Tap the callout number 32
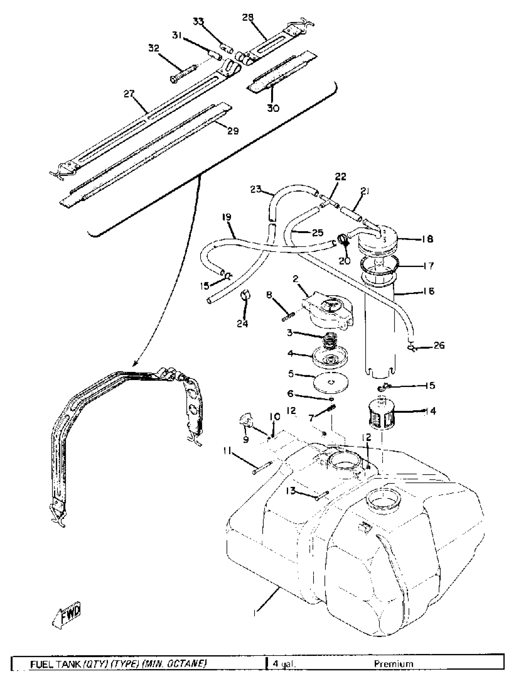[154, 48]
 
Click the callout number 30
[273, 108]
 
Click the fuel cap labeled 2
[330, 311]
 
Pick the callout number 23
[256, 189]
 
